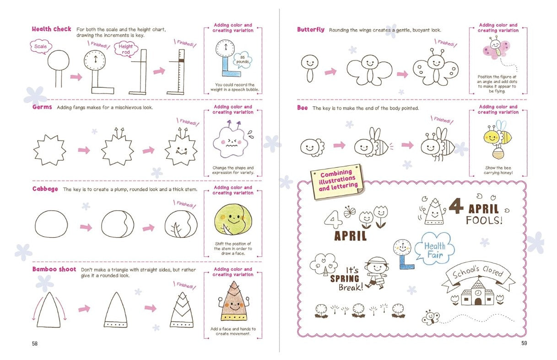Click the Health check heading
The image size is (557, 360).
coord(51,29)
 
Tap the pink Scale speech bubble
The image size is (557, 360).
coord(40,46)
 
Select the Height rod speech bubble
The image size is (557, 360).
coord(126,49)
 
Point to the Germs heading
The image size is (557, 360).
coord(42,107)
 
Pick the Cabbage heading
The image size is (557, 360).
coord(45,189)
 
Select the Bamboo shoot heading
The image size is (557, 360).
coord(54,269)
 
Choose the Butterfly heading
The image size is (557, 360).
coord(310,30)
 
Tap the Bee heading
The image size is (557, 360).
coord(302,108)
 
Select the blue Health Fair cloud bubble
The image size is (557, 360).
coord(434,251)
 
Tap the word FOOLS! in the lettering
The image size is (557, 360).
coord(484,220)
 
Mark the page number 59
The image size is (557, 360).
coord(524,343)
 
